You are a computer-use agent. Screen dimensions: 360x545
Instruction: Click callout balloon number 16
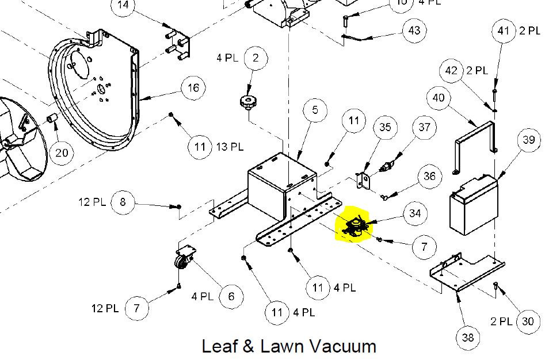pos(193,88)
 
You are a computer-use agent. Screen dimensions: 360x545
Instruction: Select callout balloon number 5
pos(315,110)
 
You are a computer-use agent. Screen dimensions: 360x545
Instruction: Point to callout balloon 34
pos(415,213)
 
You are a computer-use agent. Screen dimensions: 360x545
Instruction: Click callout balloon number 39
pos(528,140)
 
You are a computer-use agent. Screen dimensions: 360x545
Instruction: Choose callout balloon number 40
pos(439,98)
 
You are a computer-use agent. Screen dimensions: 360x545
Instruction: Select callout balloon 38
pos(468,337)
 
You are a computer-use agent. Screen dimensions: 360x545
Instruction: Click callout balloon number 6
pos(231,296)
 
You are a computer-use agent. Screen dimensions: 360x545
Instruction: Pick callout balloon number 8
pos(122,202)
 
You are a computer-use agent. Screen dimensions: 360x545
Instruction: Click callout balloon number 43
pos(414,30)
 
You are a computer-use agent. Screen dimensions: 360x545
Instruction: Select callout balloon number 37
pos(424,127)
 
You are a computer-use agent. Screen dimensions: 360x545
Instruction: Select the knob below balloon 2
pos(248,104)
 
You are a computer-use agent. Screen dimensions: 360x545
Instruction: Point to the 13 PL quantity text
pos(229,147)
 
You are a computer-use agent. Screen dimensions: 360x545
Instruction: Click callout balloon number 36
pos(429,177)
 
